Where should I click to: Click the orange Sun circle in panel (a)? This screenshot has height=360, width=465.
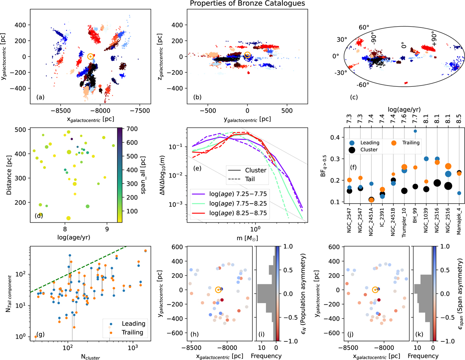(90, 57)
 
